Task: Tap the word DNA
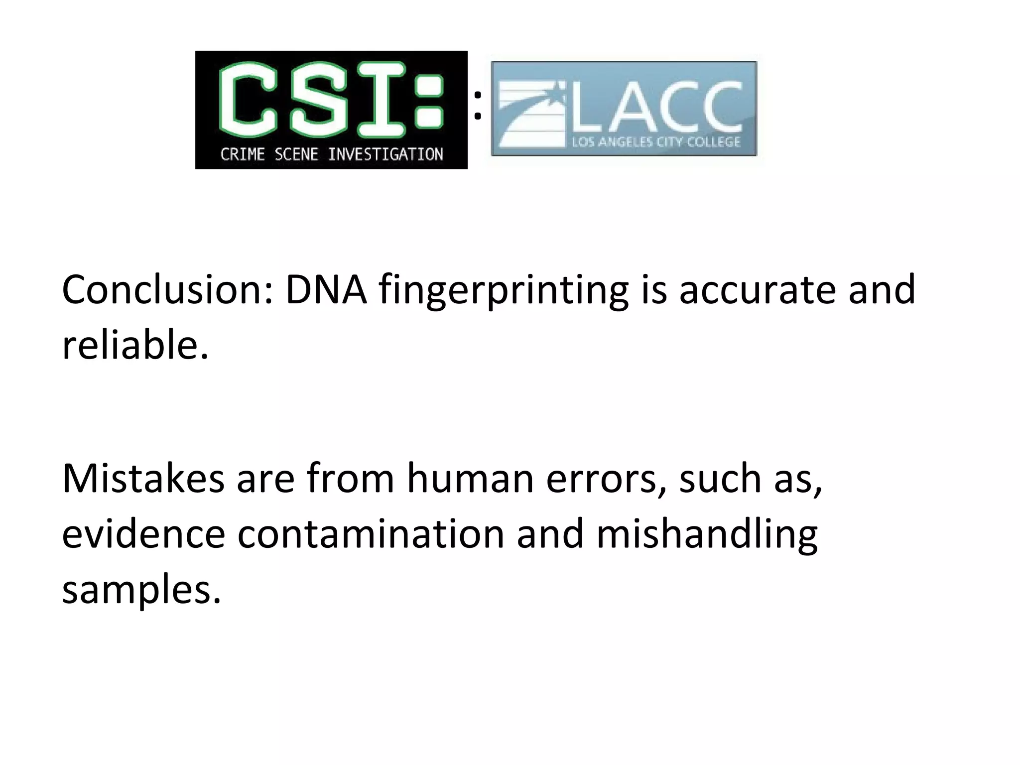coord(326,290)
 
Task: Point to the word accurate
coord(757,290)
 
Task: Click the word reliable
coord(134,345)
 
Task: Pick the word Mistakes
coord(143,478)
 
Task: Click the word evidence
coord(143,534)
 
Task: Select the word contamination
coord(371,534)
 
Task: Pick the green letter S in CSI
coord(319,100)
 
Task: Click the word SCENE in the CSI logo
coord(296,154)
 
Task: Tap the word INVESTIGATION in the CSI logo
coord(385,154)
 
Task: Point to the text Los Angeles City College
coord(656,142)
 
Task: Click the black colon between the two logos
coord(478,105)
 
